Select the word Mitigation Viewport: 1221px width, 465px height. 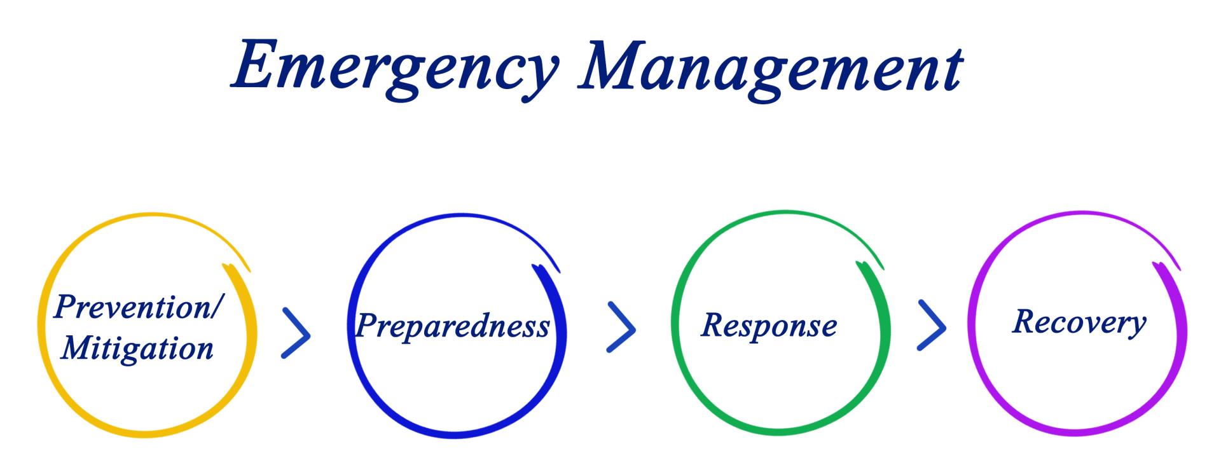tap(137, 349)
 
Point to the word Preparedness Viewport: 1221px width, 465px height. tap(452, 326)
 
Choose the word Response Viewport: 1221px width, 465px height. tap(769, 325)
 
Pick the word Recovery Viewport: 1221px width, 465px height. tap(1079, 322)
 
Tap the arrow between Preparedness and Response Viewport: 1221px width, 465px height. tap(621, 327)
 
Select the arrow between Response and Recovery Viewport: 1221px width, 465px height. tap(932, 326)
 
